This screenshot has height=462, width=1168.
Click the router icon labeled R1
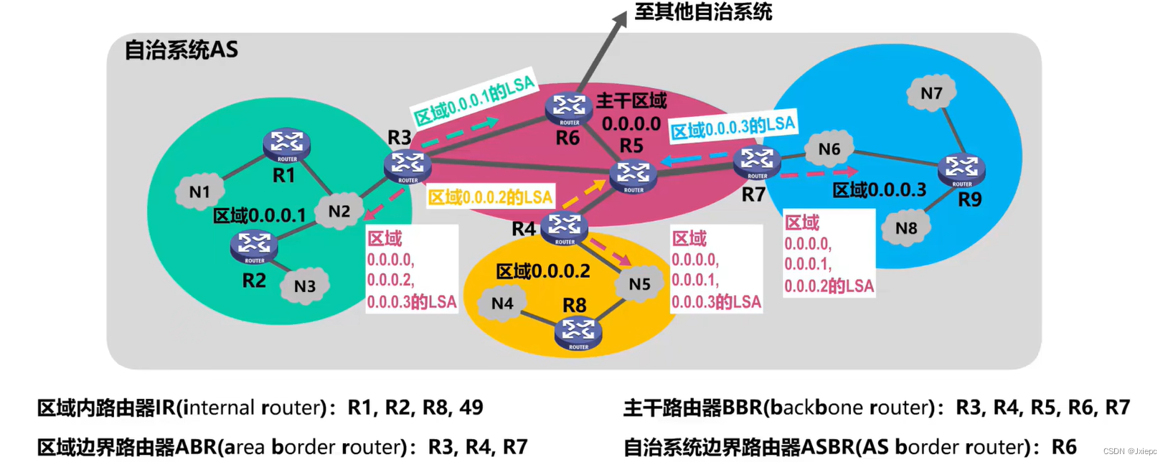[x=286, y=145]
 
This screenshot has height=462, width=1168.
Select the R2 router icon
[x=254, y=247]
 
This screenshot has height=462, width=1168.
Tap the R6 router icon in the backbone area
[x=568, y=109]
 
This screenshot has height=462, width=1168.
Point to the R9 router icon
[x=961, y=170]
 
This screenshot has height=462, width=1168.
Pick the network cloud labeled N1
[x=199, y=192]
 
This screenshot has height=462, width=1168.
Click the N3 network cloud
[x=305, y=286]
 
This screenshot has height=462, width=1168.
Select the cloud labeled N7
[x=931, y=93]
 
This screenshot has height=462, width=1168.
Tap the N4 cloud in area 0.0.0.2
[x=502, y=303]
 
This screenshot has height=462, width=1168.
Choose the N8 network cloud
[x=906, y=228]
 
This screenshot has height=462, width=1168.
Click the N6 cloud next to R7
[x=829, y=148]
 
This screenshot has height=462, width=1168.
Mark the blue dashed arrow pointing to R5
[x=693, y=158]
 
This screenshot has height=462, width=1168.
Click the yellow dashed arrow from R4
[x=585, y=194]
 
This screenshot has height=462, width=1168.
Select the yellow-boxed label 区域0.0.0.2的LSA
[x=491, y=197]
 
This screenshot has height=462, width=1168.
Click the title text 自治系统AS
[x=181, y=50]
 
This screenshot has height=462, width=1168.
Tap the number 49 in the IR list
[x=471, y=407]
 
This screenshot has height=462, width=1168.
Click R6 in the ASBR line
[x=1064, y=447]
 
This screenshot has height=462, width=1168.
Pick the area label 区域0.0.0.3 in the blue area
[x=879, y=190]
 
